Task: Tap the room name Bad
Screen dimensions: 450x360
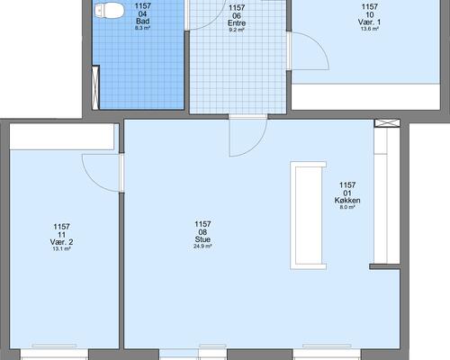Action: [143, 22]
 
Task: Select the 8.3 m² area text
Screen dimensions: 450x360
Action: [143, 28]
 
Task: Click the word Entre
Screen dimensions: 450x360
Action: [237, 23]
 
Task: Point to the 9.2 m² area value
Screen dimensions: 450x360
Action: [237, 30]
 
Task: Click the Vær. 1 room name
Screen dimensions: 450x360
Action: [369, 22]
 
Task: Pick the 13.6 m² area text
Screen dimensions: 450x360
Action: [369, 29]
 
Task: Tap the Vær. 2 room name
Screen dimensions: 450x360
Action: [61, 242]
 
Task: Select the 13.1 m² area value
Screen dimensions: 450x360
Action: [61, 248]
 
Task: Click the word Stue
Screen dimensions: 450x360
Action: [202, 239]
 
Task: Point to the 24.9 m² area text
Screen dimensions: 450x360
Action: [202, 247]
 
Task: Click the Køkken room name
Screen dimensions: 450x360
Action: [347, 200]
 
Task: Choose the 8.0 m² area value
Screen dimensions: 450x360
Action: [347, 207]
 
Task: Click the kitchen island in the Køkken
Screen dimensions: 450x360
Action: [308, 215]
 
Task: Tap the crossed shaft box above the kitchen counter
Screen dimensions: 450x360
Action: [387, 123]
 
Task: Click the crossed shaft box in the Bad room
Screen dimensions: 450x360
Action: [95, 87]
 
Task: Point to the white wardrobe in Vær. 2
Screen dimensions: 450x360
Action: [62, 137]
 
